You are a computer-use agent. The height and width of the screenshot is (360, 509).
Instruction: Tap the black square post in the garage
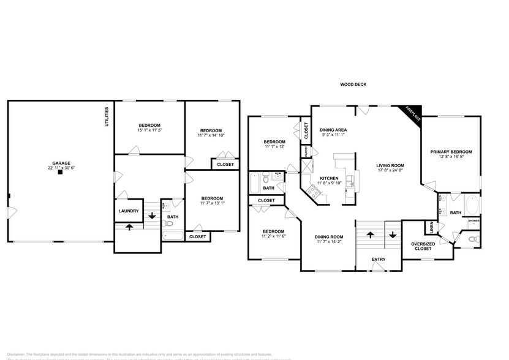click(x=60, y=173)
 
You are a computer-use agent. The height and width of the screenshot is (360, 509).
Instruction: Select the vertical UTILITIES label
click(x=107, y=116)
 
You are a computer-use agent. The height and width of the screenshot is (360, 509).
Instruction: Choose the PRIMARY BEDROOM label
click(x=451, y=152)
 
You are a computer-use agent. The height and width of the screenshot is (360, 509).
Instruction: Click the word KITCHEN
click(x=329, y=178)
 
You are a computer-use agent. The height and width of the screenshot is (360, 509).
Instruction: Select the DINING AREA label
click(x=334, y=130)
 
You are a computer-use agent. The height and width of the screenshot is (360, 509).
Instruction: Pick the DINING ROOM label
click(x=329, y=236)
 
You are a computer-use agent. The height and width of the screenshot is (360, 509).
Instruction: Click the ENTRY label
click(x=379, y=259)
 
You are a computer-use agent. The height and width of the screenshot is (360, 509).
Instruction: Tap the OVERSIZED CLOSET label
click(x=423, y=246)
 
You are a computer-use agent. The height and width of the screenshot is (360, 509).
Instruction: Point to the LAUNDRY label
click(x=129, y=211)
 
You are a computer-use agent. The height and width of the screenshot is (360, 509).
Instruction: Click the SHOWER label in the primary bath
click(x=473, y=220)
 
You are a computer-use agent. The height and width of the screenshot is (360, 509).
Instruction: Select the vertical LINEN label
click(x=432, y=227)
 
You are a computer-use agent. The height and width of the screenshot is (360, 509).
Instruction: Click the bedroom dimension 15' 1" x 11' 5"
click(x=149, y=130)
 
